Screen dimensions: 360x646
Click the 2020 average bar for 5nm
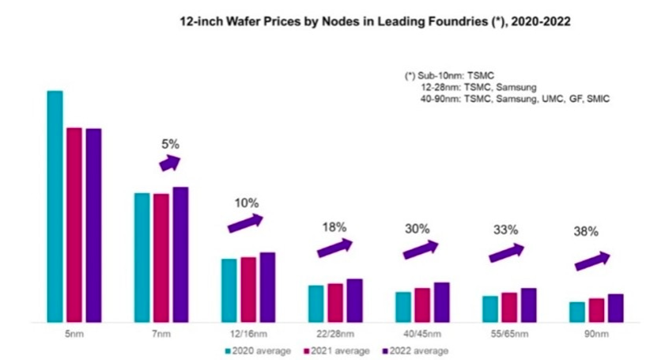55,207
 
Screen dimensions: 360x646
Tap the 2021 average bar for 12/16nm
248,290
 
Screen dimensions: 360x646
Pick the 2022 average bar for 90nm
615,308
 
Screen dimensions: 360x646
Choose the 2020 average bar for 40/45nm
403,307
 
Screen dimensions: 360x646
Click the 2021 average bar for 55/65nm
509,307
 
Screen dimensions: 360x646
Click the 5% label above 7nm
170,144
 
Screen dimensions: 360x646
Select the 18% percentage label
334,226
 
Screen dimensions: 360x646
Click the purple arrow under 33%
506,252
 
